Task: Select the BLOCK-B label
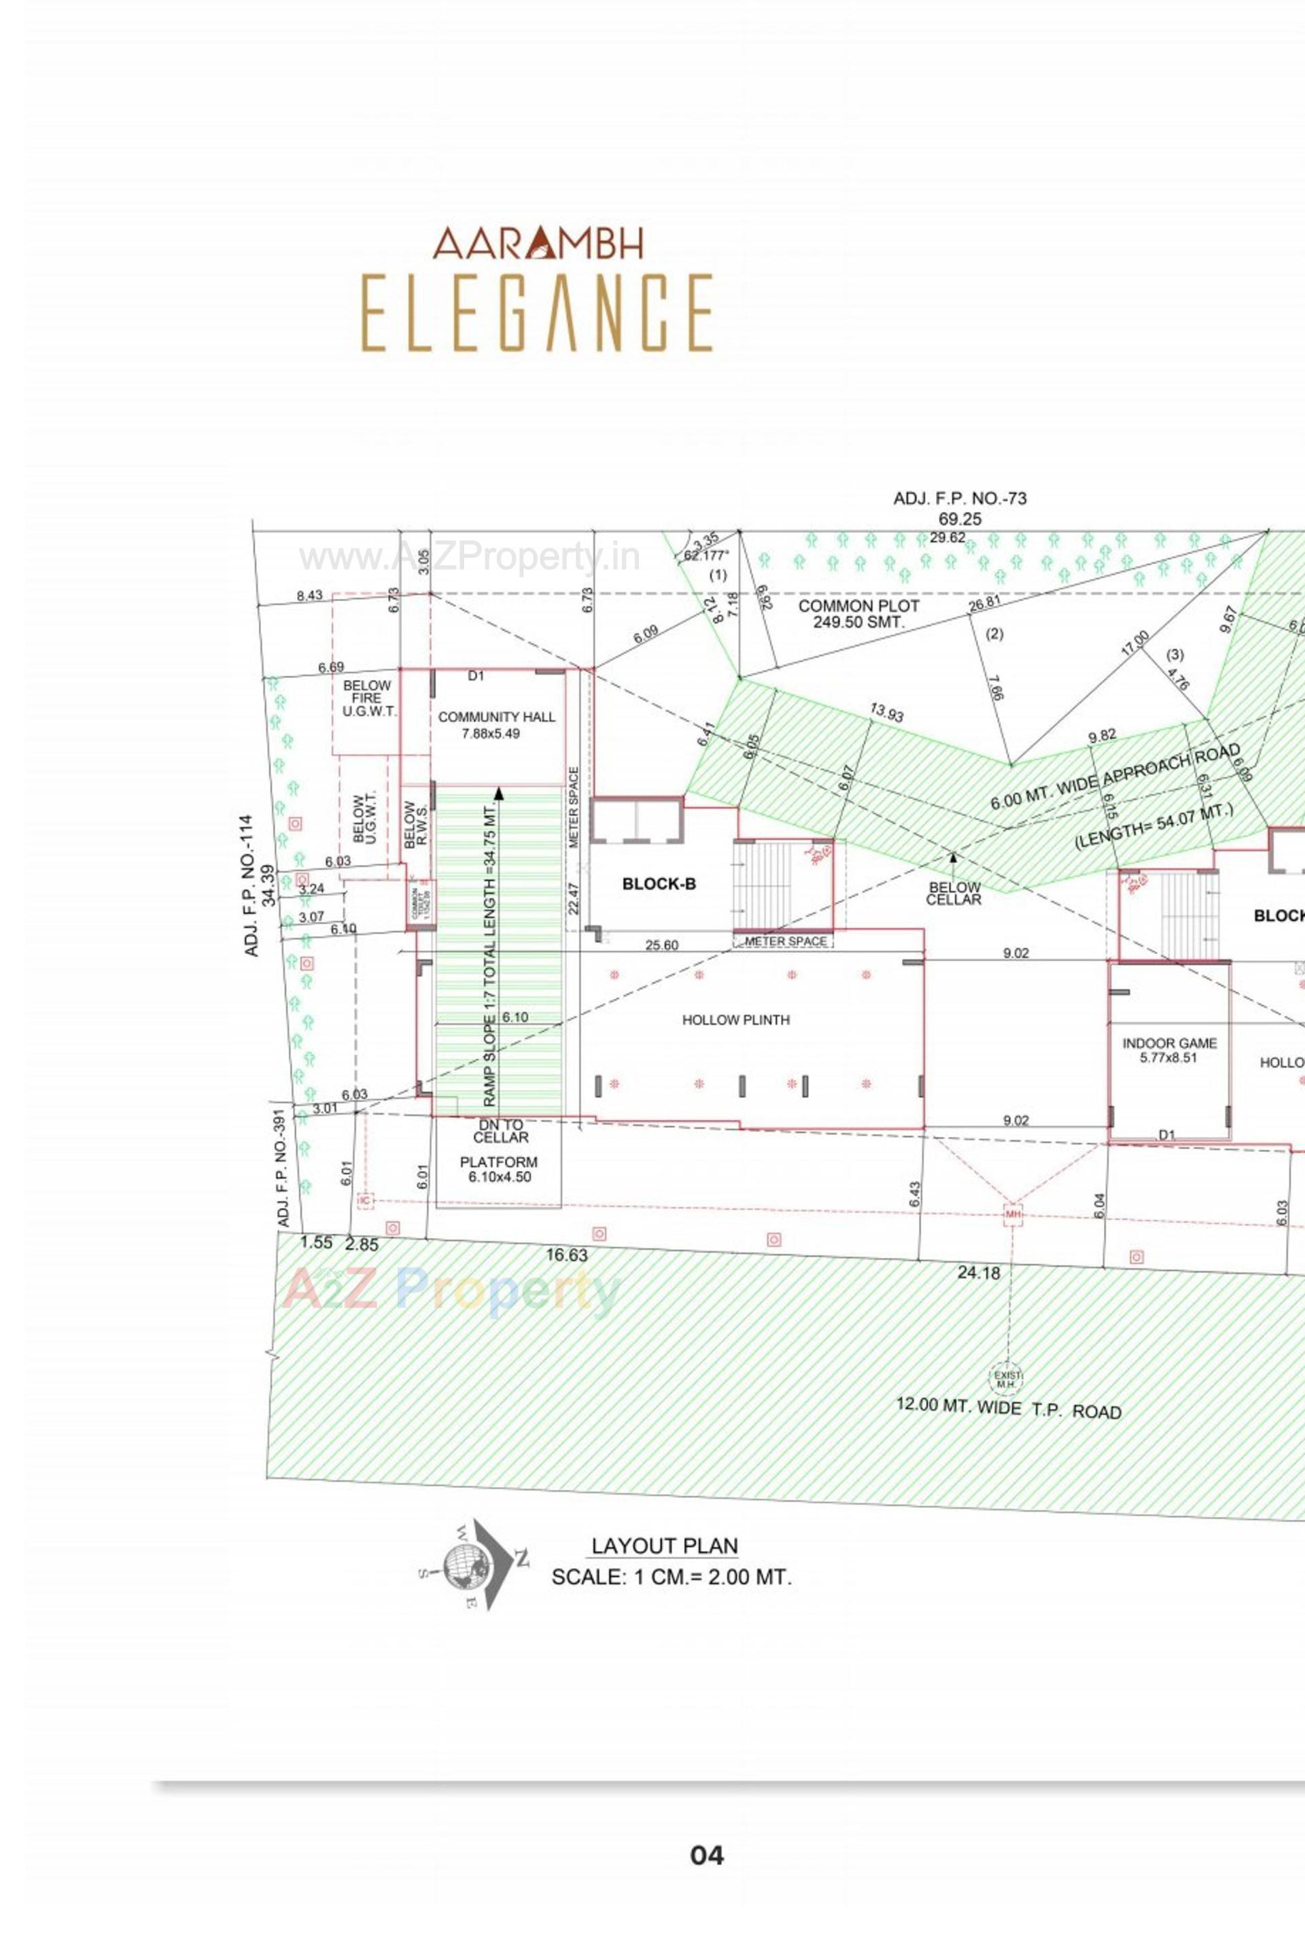(659, 884)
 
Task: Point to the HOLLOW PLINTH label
(735, 1020)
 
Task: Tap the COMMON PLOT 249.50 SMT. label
(858, 613)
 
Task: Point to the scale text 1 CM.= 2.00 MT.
(672, 1577)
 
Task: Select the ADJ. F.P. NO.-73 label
(960, 498)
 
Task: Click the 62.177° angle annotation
(706, 556)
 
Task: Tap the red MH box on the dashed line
(1012, 1214)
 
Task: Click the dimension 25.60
(661, 944)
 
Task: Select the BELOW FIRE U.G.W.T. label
(367, 698)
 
